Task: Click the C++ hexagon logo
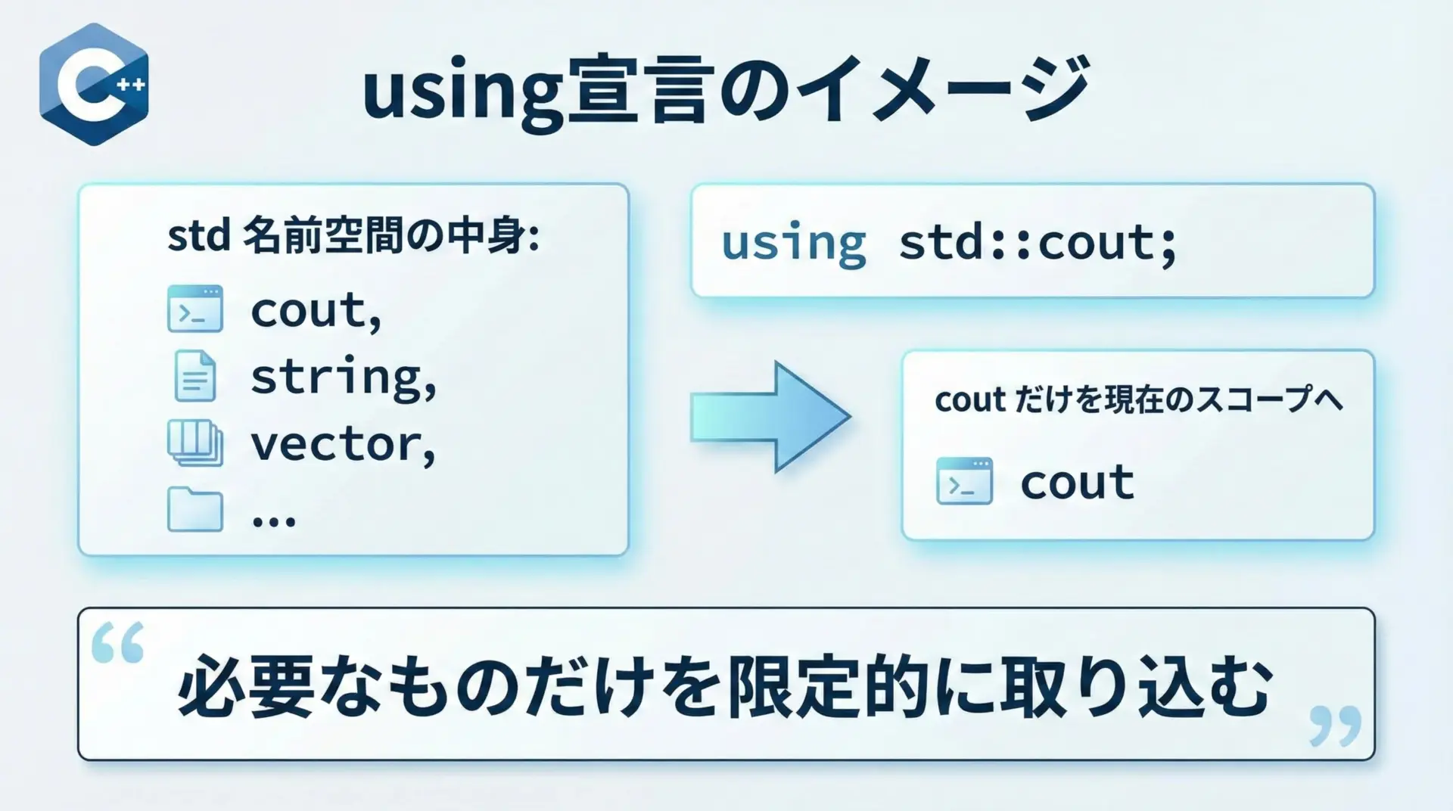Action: [94, 84]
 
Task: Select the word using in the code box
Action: [793, 244]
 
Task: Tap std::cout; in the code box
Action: [1038, 244]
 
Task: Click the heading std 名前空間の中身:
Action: [353, 237]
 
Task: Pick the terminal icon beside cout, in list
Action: [195, 309]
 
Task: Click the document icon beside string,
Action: [195, 375]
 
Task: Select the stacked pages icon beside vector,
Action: [195, 443]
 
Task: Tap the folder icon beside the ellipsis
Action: [195, 509]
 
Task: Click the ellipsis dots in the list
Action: [273, 520]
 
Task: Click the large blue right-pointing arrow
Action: [770, 417]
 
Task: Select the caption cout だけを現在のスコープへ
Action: [1139, 399]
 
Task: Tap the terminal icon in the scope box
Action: [964, 481]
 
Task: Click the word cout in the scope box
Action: [1078, 483]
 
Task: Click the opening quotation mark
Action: [117, 643]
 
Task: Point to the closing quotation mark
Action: [1335, 726]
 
